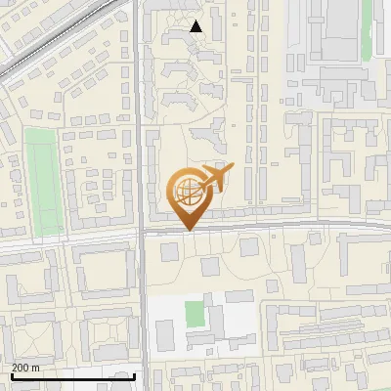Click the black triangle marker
click(x=196, y=26)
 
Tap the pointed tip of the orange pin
click(x=189, y=231)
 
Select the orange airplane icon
click(x=216, y=179)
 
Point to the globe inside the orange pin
click(x=189, y=190)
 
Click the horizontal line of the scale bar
click(x=73, y=375)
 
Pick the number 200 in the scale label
click(x=21, y=367)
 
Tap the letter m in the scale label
click(x=35, y=367)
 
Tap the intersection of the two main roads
click(x=142, y=234)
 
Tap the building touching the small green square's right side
click(x=218, y=319)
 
